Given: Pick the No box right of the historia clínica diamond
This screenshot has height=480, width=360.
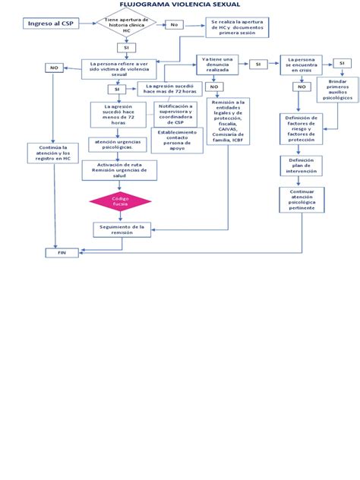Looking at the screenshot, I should [x=175, y=25].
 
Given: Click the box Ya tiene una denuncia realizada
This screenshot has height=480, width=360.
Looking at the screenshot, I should [x=221, y=64].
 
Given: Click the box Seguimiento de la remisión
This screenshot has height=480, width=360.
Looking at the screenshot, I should [x=122, y=229].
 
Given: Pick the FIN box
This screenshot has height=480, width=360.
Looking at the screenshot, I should [x=62, y=253].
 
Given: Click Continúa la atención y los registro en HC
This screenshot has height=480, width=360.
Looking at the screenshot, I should [x=49, y=153].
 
